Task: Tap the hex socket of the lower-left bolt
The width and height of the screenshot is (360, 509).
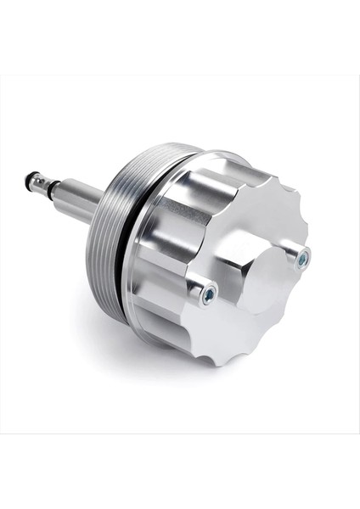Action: point(207,294)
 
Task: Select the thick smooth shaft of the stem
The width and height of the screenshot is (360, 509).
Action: point(81,200)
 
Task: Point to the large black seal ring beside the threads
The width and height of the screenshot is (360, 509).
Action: point(124,255)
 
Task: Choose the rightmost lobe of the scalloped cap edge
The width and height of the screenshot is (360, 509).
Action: point(309,229)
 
